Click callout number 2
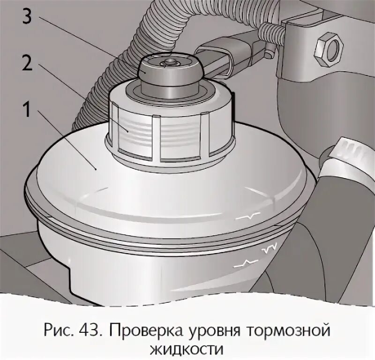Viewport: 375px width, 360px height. (27, 63)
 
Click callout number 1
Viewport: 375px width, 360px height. (26, 109)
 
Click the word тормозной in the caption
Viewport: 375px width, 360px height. (287, 331)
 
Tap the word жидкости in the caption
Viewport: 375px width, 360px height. (187, 350)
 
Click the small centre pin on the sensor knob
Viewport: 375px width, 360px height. (170, 62)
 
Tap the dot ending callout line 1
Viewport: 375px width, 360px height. (96, 170)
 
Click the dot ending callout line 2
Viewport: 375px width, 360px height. (127, 131)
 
